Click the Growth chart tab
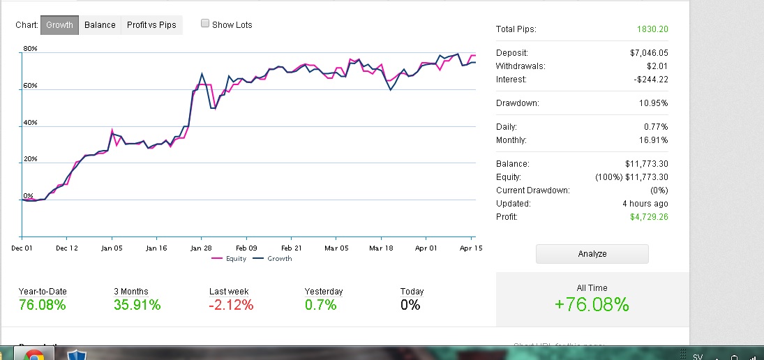(59, 25)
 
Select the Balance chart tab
(100, 25)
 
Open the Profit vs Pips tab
(151, 25)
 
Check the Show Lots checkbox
(205, 24)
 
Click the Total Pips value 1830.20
(652, 29)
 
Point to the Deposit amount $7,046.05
(648, 53)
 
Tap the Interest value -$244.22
(649, 80)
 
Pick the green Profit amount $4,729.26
(648, 217)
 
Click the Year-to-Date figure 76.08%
(43, 305)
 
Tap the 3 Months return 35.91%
(137, 305)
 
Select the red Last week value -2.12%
(231, 305)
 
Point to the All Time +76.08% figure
(592, 305)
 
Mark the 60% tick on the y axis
(30, 86)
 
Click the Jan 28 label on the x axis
(201, 248)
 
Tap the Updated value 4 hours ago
(646, 204)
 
